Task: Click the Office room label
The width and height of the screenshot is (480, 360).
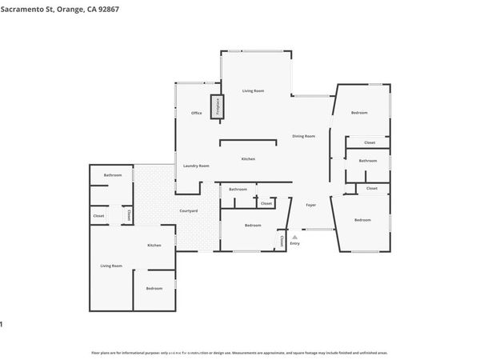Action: coord(196,114)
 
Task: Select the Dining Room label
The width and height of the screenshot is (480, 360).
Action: coord(303,137)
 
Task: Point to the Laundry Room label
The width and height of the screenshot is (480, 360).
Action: coord(196,166)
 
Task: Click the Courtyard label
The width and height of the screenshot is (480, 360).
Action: coord(188,210)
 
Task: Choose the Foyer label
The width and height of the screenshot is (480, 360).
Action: coord(311,205)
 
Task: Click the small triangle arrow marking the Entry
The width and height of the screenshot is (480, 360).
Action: coord(294,237)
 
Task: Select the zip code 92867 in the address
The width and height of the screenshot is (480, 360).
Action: coord(104,9)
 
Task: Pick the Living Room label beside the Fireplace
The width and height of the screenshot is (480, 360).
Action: coord(253,91)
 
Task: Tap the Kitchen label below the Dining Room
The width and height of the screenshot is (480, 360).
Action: coord(249,159)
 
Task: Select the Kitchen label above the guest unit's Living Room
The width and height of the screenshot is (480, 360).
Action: coord(154,246)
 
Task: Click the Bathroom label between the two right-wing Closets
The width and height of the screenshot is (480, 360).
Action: coord(367,161)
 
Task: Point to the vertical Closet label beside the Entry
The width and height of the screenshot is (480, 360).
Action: coord(282,241)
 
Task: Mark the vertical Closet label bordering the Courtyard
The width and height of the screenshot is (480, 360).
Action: coord(127,215)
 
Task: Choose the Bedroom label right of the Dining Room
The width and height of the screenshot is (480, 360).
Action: coord(359,113)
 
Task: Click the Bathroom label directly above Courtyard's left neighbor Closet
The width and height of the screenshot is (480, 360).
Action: coord(113,174)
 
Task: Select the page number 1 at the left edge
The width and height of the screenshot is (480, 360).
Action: coord(2,324)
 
